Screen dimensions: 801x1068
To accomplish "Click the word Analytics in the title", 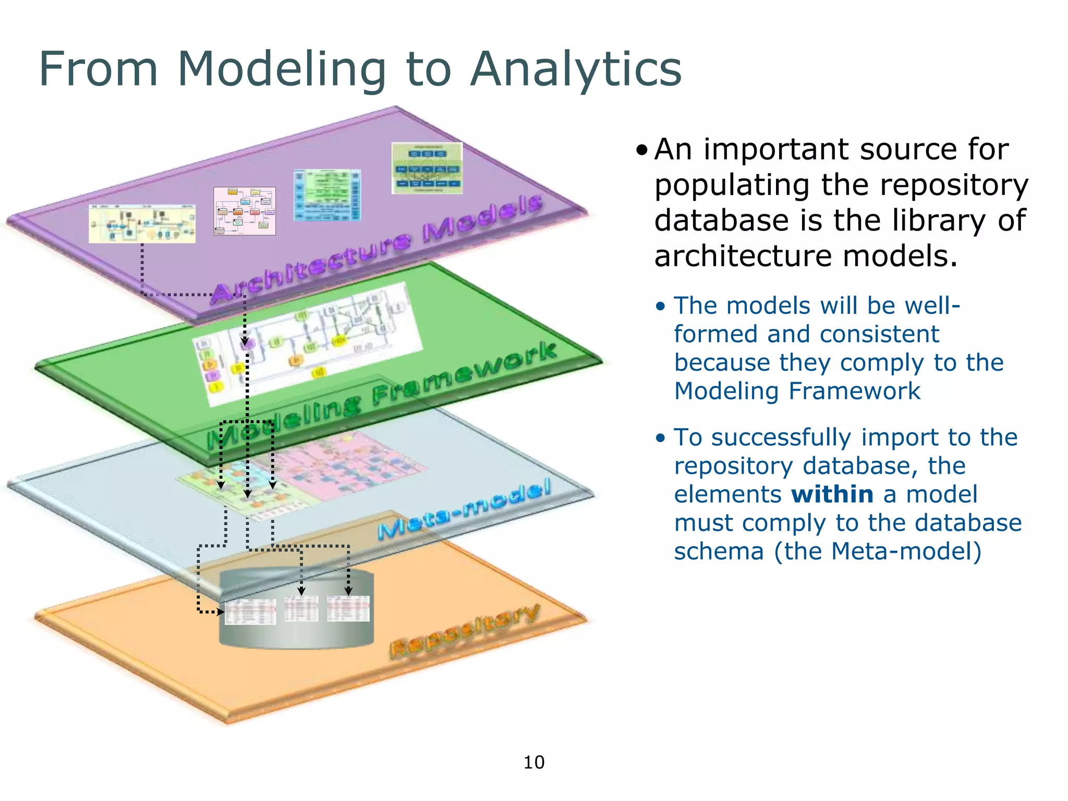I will click(576, 70).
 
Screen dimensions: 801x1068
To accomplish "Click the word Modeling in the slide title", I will click(282, 70).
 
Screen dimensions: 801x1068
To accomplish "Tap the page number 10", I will click(533, 762).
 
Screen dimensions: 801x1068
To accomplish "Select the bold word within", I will click(832, 494).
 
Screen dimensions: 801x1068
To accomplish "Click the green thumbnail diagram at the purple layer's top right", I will click(427, 168).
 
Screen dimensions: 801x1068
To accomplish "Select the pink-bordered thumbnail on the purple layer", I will click(245, 211).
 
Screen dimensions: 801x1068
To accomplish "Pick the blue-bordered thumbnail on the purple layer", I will click(327, 195).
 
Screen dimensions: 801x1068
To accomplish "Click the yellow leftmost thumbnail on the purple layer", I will click(142, 224).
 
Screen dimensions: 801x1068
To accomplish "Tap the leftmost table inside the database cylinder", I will click(250, 612).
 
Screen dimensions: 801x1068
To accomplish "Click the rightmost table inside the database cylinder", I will click(348, 609).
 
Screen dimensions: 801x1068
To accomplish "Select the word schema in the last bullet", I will click(719, 551).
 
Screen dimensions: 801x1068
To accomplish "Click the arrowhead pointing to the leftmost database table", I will click(221, 612).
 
